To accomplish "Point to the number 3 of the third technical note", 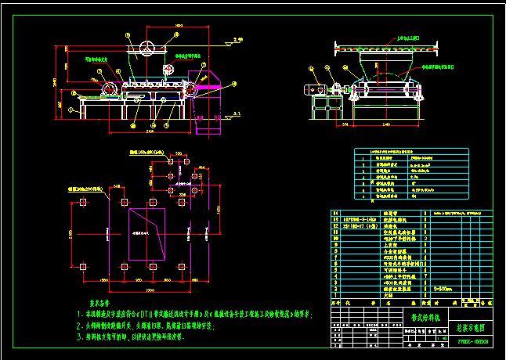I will click(79, 337).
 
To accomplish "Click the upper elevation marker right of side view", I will click(219, 38).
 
